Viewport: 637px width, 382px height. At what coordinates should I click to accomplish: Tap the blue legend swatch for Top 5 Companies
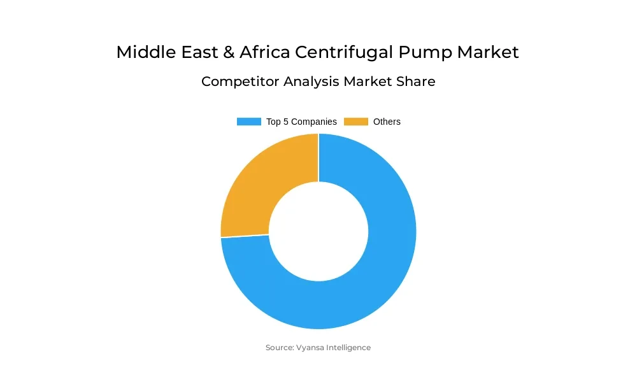(x=248, y=122)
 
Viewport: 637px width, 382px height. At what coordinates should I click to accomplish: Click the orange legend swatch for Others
(x=356, y=122)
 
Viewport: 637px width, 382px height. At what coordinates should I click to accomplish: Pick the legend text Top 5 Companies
(x=301, y=122)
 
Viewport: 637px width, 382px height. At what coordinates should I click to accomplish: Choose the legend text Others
(x=387, y=122)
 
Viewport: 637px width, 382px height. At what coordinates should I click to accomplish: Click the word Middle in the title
(x=141, y=52)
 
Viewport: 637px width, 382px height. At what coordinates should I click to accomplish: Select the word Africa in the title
(x=262, y=52)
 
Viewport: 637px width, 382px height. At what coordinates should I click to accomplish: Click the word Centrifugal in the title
(x=341, y=52)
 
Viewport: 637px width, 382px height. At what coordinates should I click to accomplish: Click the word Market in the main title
(x=488, y=52)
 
